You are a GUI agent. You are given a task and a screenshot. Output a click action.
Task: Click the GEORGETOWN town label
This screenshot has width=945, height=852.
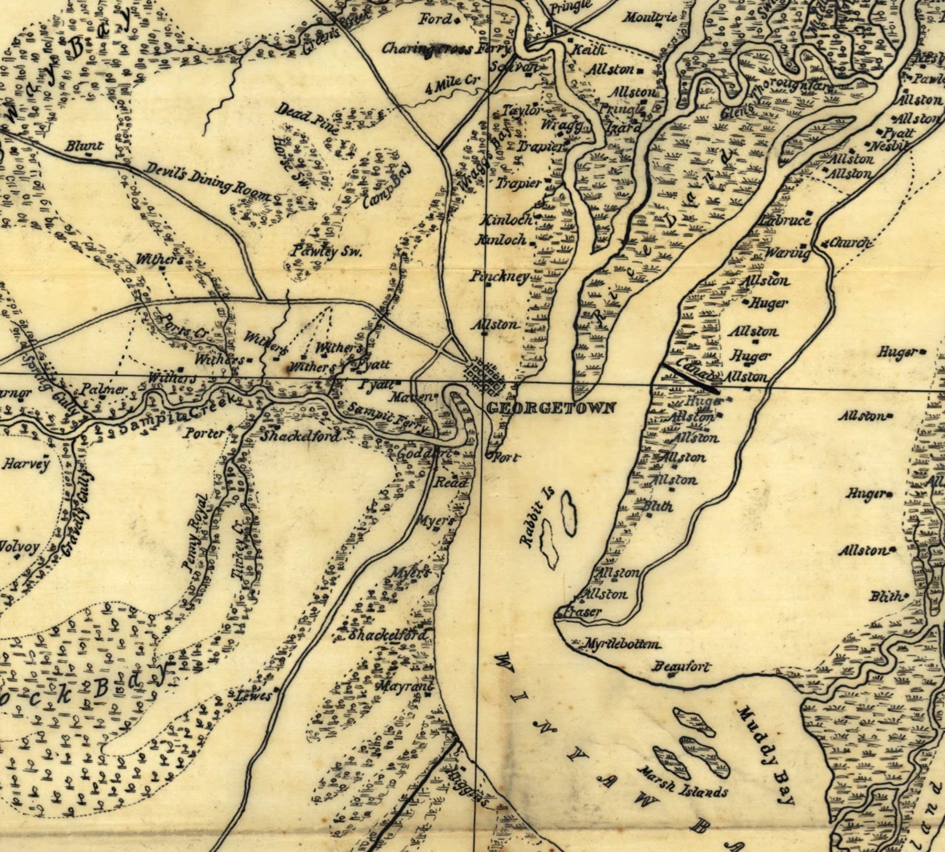[551, 408]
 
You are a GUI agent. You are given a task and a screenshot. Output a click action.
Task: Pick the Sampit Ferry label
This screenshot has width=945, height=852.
[387, 418]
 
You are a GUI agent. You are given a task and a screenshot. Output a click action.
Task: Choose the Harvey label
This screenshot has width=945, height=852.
[26, 463]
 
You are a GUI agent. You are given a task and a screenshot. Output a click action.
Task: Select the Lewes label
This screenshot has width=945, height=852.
[254, 696]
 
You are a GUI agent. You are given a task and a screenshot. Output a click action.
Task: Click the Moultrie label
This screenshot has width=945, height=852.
[650, 17]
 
